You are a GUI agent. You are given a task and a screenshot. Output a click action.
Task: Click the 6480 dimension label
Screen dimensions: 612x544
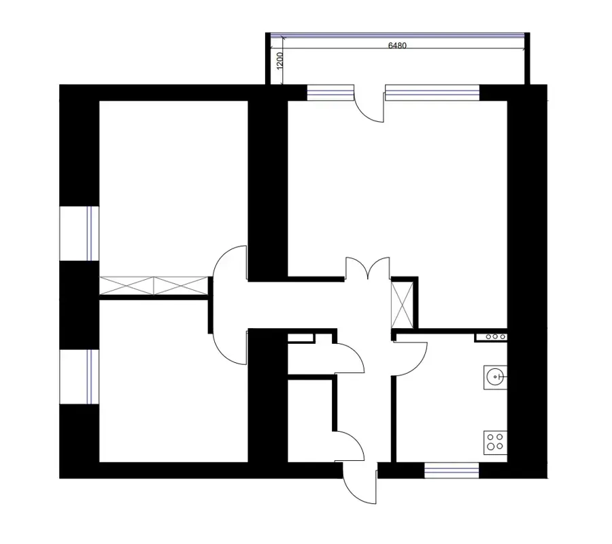(x=397, y=46)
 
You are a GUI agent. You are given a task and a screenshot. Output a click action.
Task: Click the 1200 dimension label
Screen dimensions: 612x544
(x=280, y=61)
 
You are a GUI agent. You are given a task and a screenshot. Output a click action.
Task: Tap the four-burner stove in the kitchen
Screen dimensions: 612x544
(x=495, y=443)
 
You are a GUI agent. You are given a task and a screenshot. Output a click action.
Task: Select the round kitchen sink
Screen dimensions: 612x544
(x=495, y=377)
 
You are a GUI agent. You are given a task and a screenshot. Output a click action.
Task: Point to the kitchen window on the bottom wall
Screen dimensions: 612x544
(x=452, y=470)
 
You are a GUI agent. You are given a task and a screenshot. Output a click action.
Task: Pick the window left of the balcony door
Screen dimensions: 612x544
(x=330, y=93)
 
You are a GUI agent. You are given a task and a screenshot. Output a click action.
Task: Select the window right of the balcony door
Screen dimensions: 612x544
(x=432, y=93)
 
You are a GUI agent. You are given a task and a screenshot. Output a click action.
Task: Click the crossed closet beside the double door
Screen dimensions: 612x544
(x=402, y=305)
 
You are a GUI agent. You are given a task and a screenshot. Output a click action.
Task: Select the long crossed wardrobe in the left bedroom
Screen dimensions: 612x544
(x=154, y=286)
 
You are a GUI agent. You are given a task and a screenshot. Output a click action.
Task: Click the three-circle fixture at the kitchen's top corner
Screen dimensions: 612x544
(x=492, y=337)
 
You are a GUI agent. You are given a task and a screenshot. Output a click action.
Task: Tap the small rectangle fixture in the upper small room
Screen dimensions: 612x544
(x=301, y=338)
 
